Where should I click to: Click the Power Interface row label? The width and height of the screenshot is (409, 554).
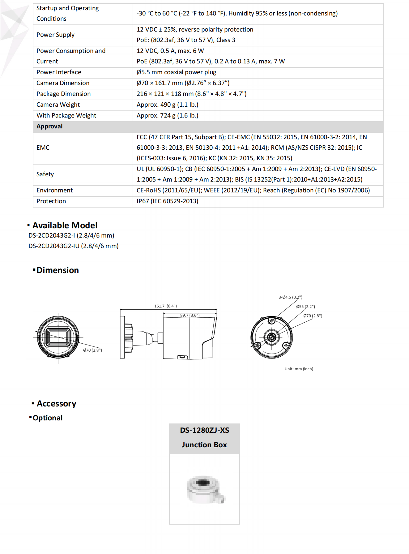tap(59, 72)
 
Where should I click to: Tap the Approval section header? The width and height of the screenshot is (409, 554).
tap(49, 127)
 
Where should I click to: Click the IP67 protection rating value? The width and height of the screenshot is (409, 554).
tap(167, 201)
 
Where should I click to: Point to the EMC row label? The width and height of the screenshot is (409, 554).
tap(43, 148)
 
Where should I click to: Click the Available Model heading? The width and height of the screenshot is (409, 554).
tap(65, 225)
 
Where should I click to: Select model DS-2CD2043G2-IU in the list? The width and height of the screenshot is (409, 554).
tap(74, 246)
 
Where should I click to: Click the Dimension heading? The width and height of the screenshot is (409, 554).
tap(58, 270)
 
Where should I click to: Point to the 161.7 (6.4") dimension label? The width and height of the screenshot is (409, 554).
tap(165, 306)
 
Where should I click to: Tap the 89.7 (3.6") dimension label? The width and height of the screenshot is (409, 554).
tap(190, 315)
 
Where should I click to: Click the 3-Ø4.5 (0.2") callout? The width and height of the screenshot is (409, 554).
tap(290, 297)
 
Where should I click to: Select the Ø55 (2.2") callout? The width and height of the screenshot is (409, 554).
tap(305, 307)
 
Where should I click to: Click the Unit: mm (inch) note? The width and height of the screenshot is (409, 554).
tap(299, 369)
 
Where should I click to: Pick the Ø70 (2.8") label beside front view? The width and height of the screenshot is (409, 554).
tap(92, 350)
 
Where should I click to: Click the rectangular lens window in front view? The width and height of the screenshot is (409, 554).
tap(58, 337)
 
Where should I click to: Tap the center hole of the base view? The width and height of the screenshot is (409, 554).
tap(271, 337)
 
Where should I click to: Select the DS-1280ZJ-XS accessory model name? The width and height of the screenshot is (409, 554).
tap(205, 431)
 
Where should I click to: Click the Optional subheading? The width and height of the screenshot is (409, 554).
tap(48, 418)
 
